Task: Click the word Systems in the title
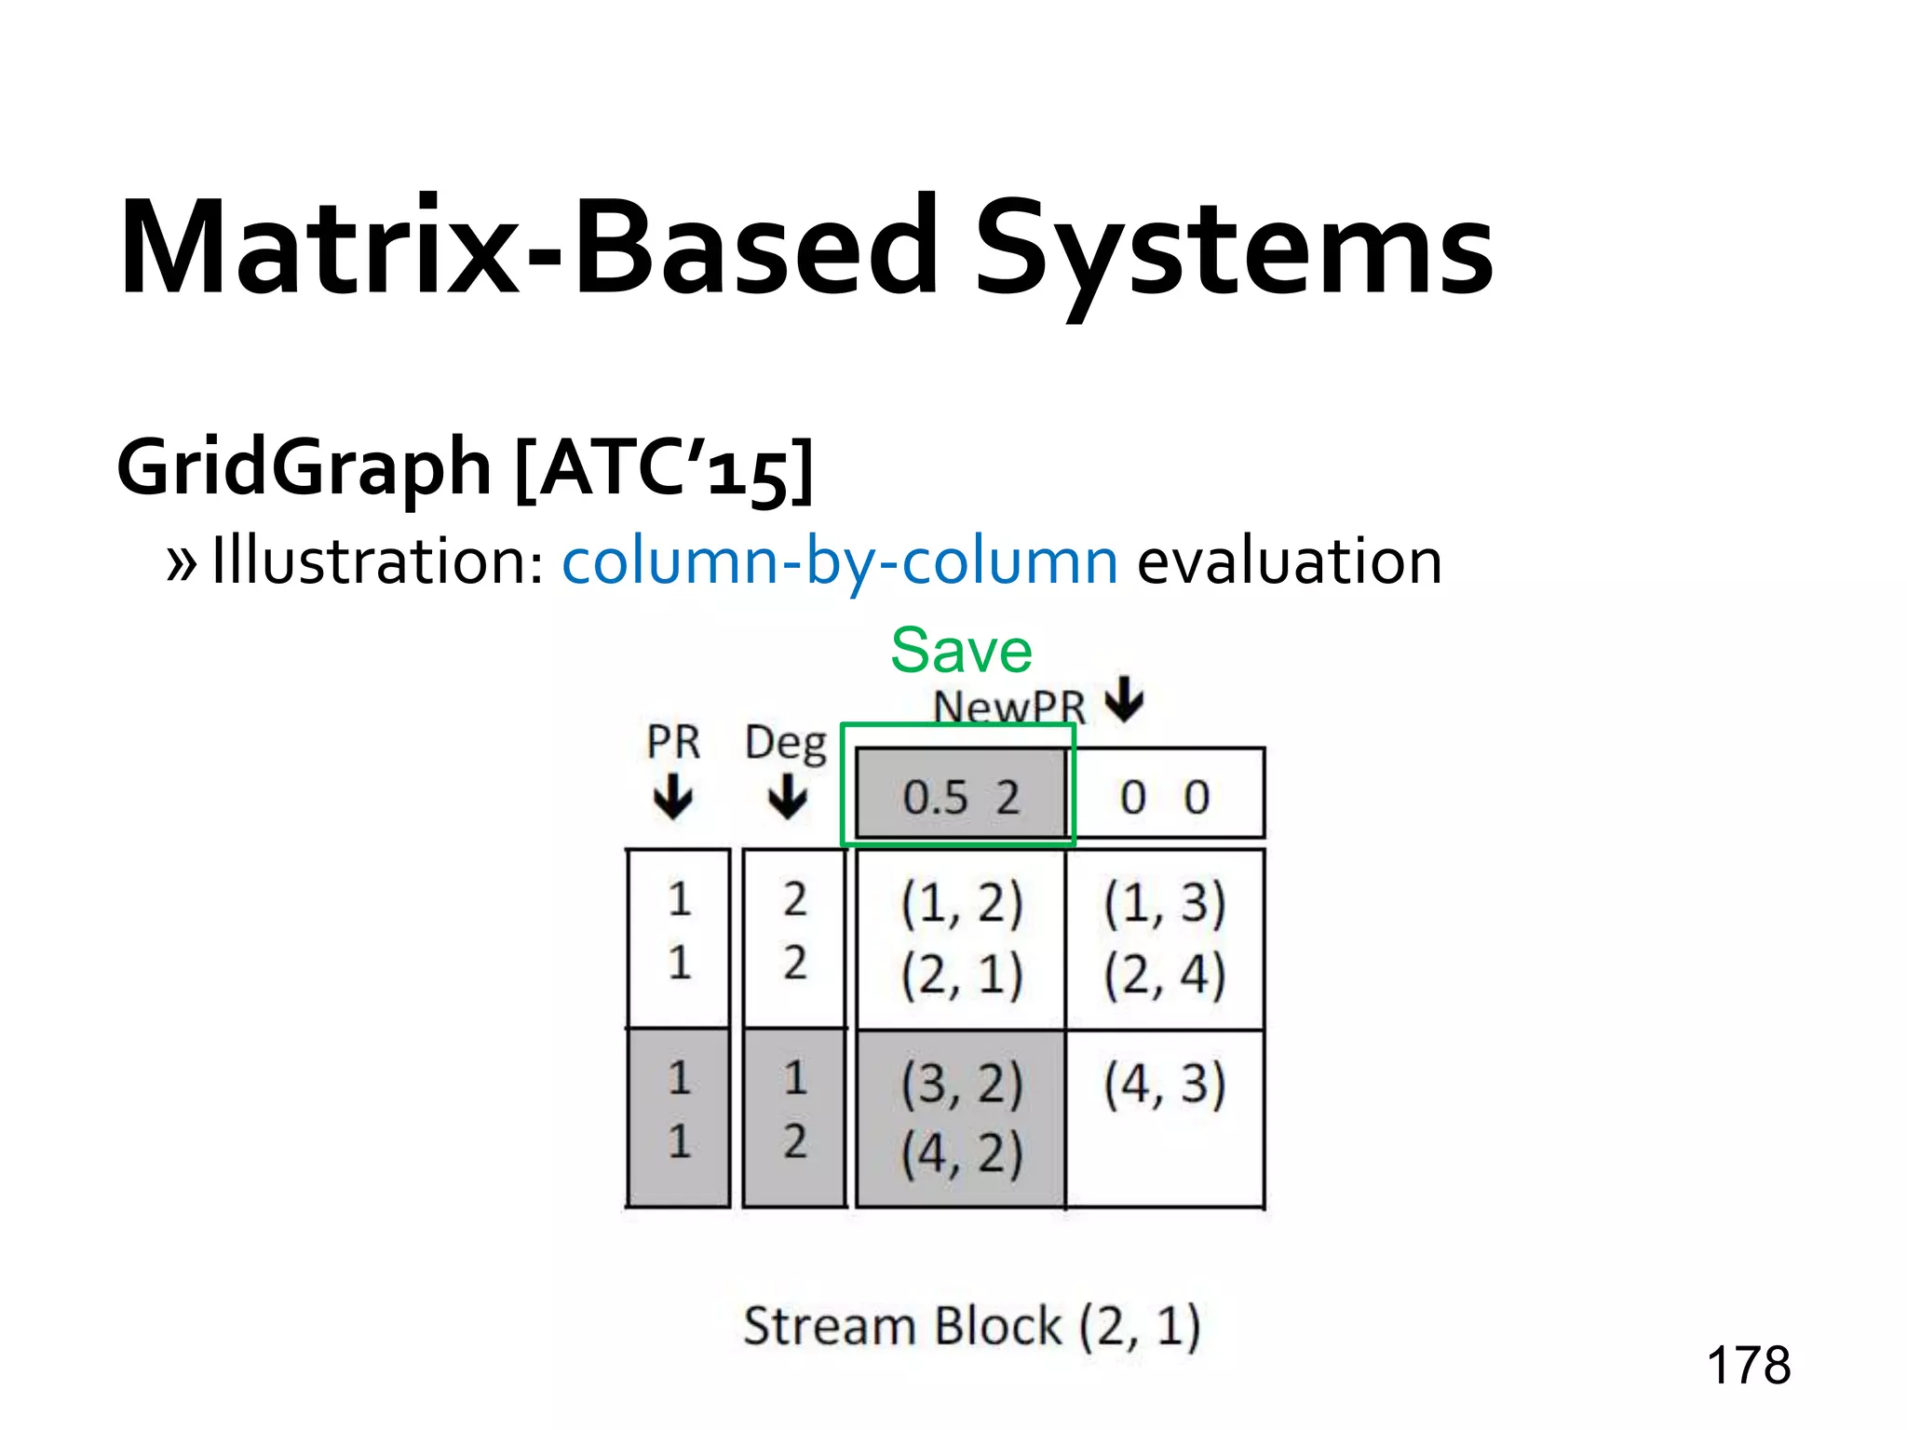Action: click(x=1233, y=250)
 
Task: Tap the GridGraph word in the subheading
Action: click(x=304, y=467)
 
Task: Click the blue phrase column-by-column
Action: click(x=840, y=562)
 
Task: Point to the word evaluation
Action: click(x=1289, y=562)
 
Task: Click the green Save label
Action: click(x=961, y=650)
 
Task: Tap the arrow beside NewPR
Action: click(x=1125, y=700)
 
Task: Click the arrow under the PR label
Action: click(x=672, y=799)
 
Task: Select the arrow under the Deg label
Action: click(x=788, y=799)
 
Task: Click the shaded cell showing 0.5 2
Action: click(x=960, y=797)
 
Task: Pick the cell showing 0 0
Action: click(x=1165, y=797)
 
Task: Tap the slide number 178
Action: click(x=1748, y=1366)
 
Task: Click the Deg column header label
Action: click(x=786, y=744)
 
